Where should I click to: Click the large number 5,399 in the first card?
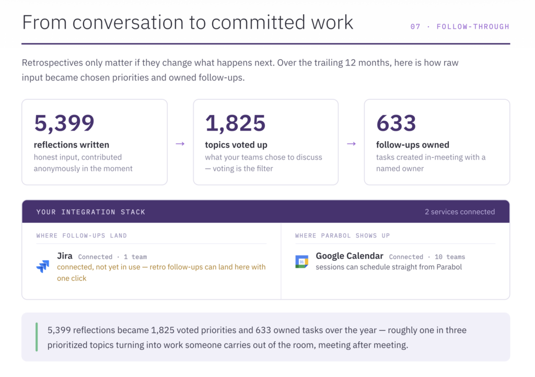point(64,123)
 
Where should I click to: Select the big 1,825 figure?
point(235,123)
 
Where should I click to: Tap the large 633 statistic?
point(396,123)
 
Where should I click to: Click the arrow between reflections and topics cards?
point(180,144)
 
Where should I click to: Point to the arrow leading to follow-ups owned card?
point(352,144)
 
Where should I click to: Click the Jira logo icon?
point(43,266)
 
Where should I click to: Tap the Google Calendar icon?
point(301,261)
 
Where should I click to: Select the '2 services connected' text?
point(460,212)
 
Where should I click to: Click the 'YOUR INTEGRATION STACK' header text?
point(91,212)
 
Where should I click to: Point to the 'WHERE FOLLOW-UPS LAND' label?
point(82,236)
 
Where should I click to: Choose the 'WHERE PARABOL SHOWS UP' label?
point(343,236)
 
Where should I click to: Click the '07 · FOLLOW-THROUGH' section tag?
point(460,27)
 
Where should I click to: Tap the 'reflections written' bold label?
point(71,145)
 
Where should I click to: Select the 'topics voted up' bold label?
point(236,145)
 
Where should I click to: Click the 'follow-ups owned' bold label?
point(413,145)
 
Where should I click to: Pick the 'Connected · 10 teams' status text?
point(427,257)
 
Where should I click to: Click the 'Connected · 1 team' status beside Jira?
point(112,257)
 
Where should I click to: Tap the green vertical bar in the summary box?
point(37,337)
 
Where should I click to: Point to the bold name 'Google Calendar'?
point(350,256)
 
